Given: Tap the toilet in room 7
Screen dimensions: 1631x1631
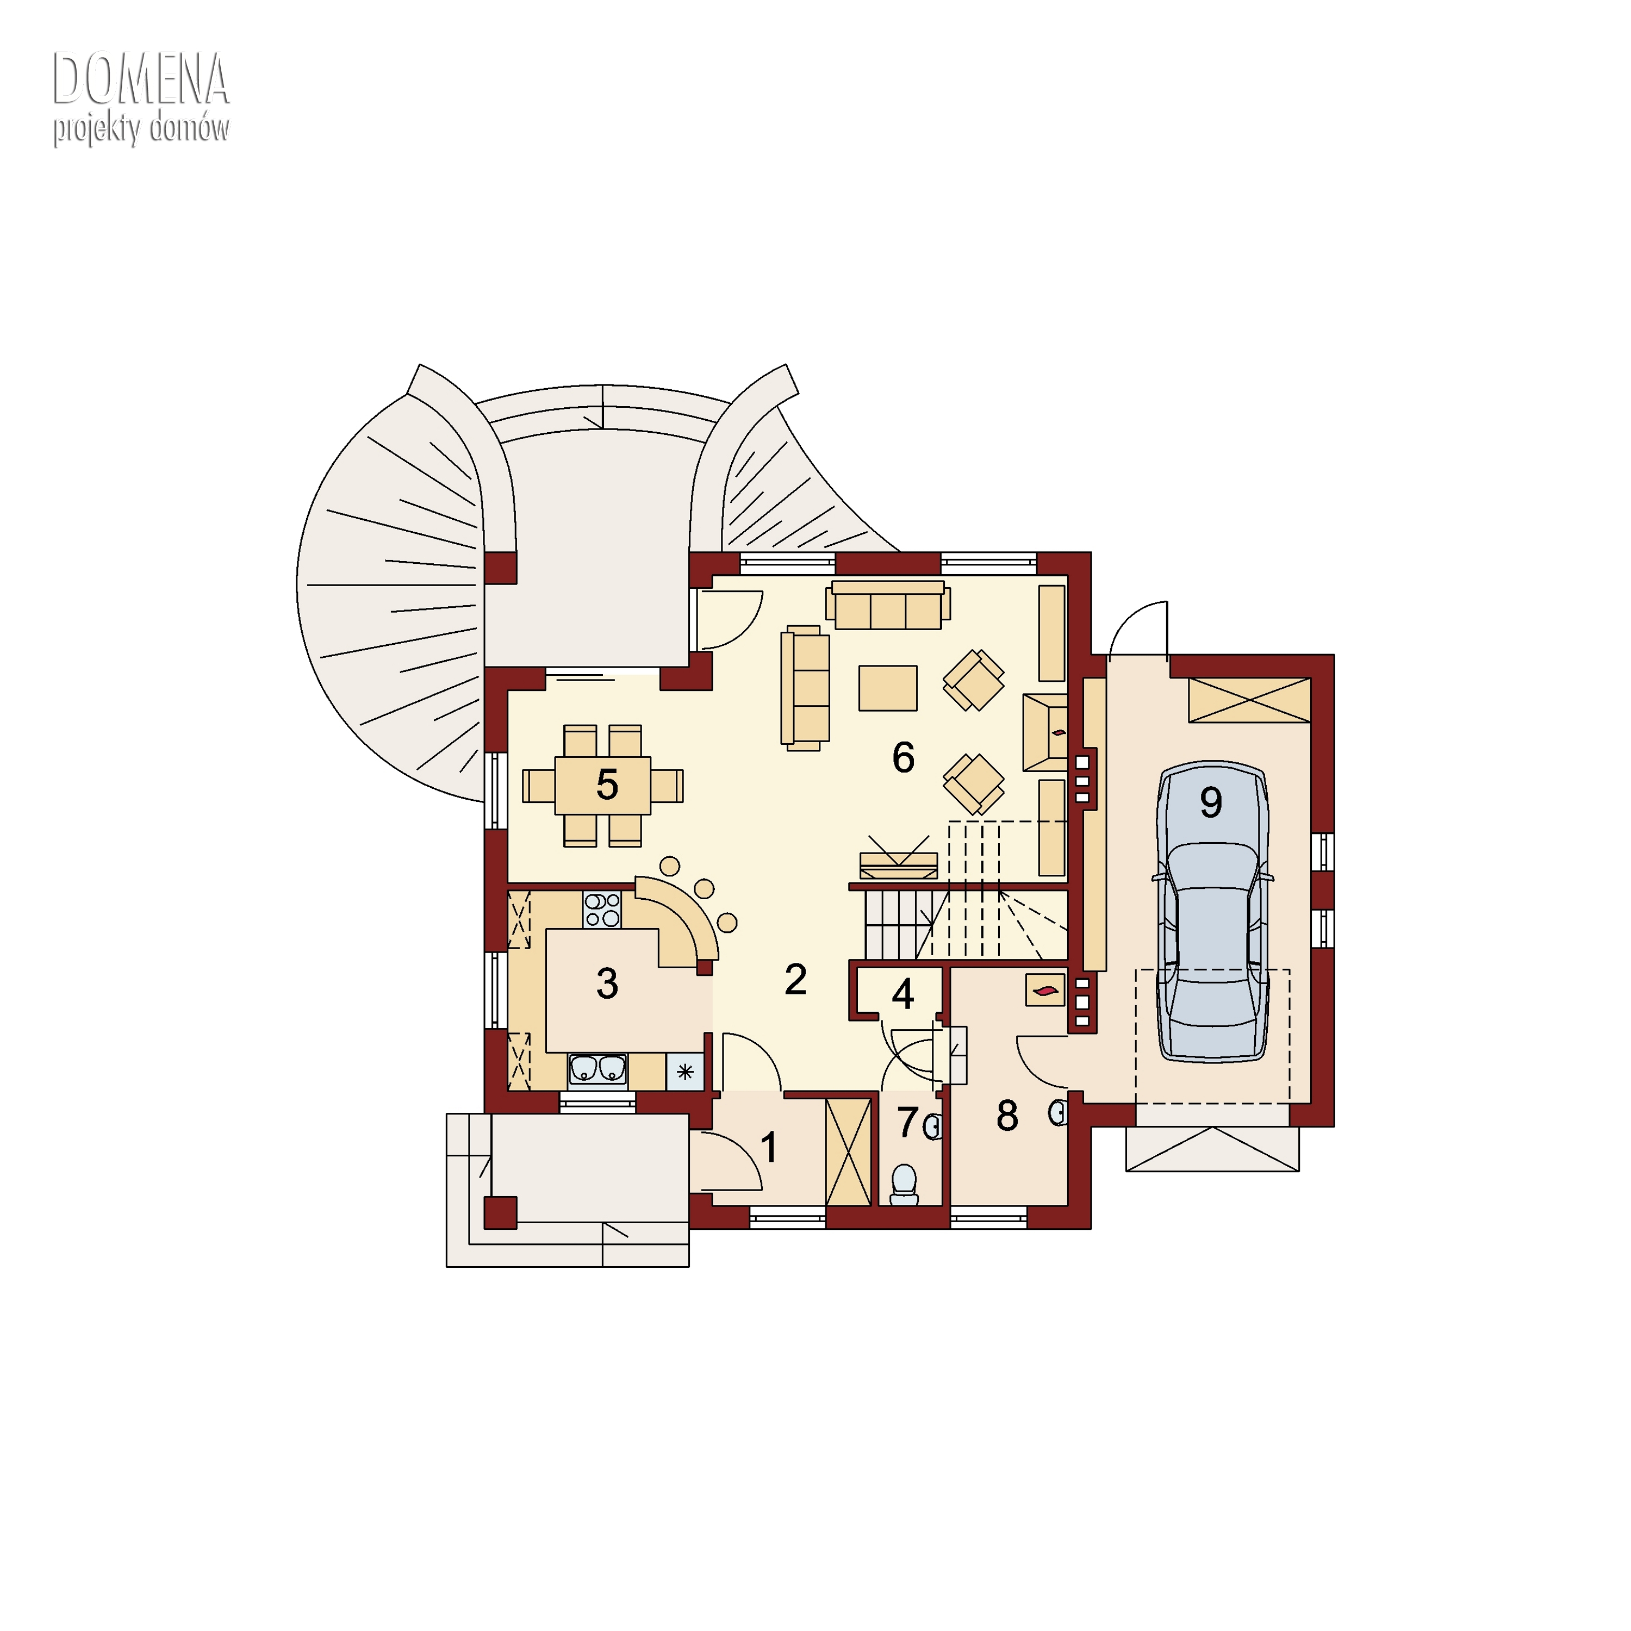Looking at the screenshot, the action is pos(904,1185).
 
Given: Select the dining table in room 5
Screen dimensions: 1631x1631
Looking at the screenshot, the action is pos(603,785).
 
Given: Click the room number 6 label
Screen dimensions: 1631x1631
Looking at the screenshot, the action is pos(903,757).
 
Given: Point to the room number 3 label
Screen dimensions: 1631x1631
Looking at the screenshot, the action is pos(607,983).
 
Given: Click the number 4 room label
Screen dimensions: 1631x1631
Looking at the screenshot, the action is pos(903,994).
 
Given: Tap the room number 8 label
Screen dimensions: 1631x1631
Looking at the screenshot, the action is pos(1007,1116).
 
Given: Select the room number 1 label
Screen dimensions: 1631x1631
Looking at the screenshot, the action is pos(769,1147).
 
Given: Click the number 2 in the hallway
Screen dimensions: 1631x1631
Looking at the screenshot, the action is pos(795,979).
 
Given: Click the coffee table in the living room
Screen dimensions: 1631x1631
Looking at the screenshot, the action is pos(888,688).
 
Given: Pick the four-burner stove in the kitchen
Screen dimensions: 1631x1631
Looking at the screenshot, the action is pos(602,911).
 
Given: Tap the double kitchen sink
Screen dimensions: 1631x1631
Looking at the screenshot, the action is pos(597,1069).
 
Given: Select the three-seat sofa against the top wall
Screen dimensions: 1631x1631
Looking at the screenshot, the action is pos(888,605).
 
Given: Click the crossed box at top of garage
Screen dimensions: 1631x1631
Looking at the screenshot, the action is pos(1249,700).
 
